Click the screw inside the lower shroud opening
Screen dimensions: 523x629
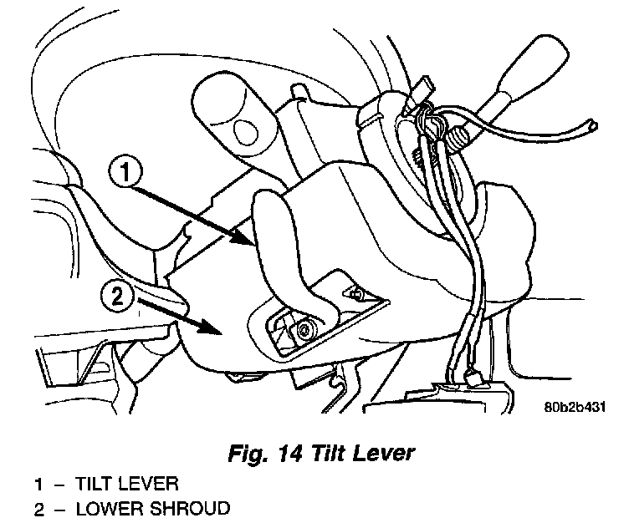[304, 331]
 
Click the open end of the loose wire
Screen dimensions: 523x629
[593, 127]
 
